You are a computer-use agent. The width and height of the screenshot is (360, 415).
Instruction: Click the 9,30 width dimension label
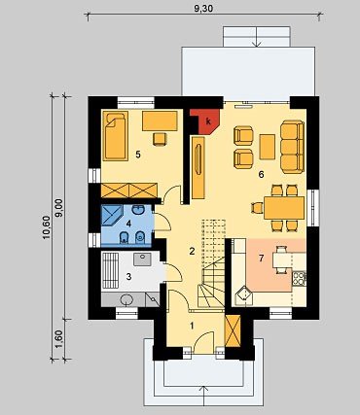203,9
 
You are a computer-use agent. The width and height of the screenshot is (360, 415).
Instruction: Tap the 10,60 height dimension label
47,227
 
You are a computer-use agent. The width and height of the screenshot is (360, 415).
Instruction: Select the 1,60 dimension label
59,339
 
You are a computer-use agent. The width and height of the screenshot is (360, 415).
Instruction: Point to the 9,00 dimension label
59,208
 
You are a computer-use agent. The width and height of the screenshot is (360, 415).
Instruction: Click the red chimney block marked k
206,121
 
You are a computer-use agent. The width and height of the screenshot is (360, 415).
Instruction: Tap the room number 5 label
138,155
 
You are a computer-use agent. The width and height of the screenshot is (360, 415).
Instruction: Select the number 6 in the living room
261,175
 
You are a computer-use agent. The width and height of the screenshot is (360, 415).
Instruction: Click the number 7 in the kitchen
261,258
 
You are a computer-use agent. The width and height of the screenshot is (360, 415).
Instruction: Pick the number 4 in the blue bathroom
128,224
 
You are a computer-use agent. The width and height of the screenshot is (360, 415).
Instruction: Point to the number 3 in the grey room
128,277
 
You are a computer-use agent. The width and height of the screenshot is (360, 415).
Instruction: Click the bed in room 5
115,136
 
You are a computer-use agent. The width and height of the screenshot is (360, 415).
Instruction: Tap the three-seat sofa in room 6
292,147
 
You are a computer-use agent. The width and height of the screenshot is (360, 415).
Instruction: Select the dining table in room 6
284,208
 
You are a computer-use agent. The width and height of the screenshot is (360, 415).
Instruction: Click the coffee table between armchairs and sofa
268,147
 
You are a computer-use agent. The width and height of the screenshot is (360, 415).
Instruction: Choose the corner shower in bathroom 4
112,216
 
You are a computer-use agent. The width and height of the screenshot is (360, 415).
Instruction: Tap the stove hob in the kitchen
299,278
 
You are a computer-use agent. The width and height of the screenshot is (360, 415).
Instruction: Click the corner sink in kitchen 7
244,296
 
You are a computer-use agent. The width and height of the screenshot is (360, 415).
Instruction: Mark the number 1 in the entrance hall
192,326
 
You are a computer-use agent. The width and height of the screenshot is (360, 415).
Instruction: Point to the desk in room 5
160,121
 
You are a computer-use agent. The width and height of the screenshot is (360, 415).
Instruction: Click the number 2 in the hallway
192,251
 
